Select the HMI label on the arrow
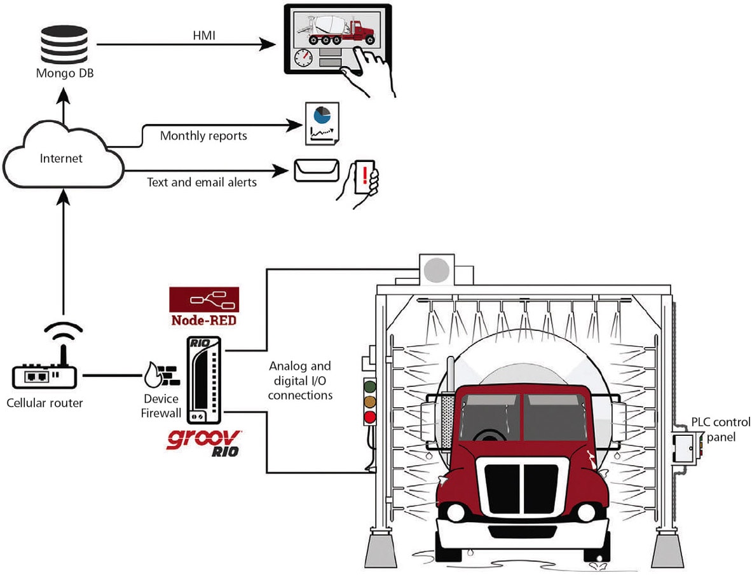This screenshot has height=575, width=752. pyautogui.click(x=204, y=36)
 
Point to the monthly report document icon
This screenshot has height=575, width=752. pyautogui.click(x=322, y=123)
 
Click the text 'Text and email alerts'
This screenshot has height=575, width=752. pyautogui.click(x=202, y=182)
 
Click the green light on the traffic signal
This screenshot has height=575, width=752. pyautogui.click(x=369, y=386)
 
